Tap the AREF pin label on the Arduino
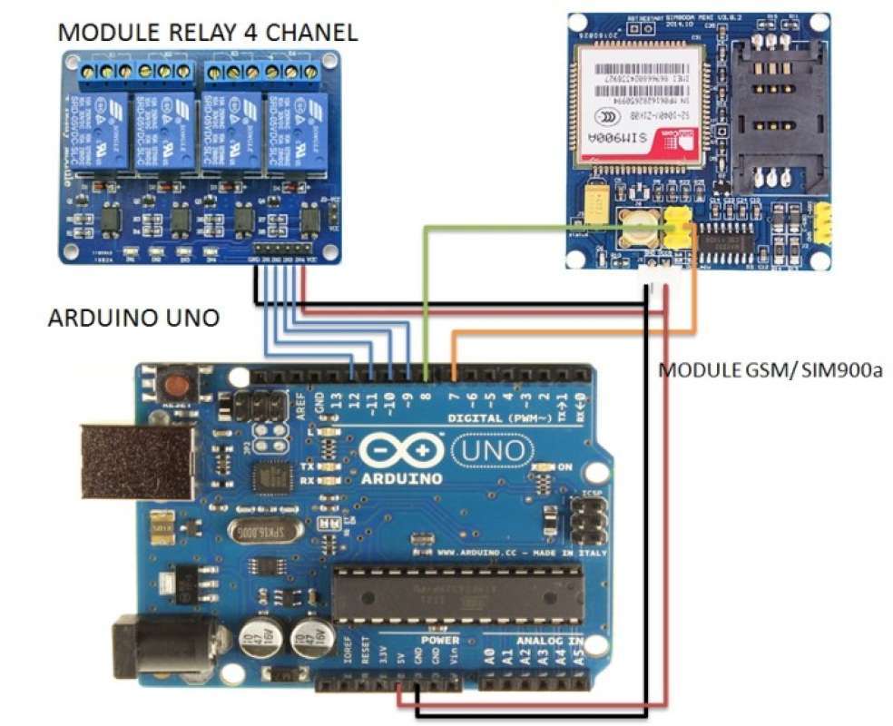click(x=300, y=400)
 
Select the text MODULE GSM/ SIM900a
click(x=770, y=371)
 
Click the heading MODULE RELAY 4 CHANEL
click(x=207, y=33)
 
